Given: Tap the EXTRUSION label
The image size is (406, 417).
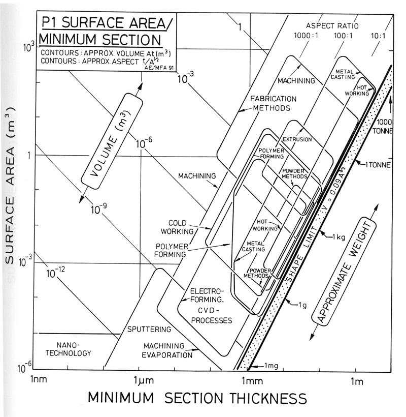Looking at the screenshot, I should click(297, 139).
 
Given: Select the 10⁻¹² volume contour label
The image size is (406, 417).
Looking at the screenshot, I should click(57, 274).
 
